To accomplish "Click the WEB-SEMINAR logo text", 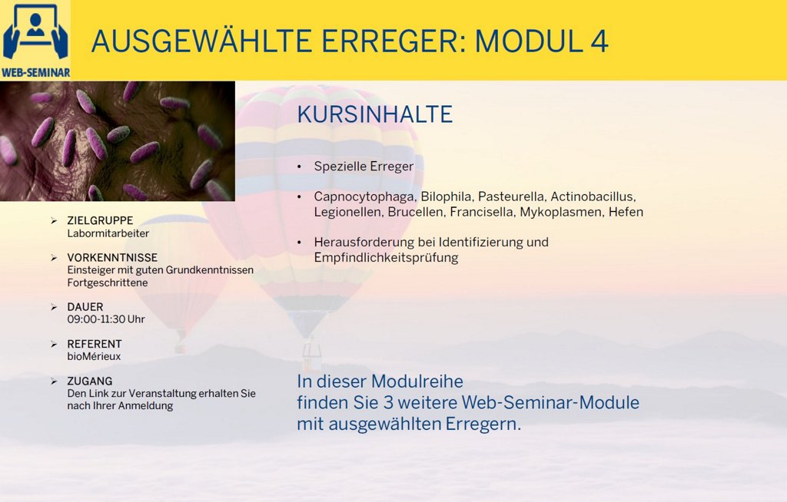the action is pos(35,73).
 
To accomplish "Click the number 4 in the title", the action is pos(599,41).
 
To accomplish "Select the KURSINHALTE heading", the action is pos(375,114).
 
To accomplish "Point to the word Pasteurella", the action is pos(511,197).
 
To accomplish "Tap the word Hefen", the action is pos(626,212).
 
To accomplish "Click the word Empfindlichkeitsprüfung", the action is pos(386,258).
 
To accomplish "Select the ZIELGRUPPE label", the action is pos(101,220).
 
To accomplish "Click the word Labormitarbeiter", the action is pos(108,233).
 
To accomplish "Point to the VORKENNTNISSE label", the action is pos(112,258).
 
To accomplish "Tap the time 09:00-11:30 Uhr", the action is pos(106,319).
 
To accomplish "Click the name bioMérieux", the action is pos(94,357).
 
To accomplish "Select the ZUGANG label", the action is pos(90,381).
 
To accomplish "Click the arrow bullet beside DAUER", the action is pos(54,307).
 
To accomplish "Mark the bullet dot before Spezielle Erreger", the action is pos(300,167).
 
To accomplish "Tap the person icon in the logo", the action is pos(35,24).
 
